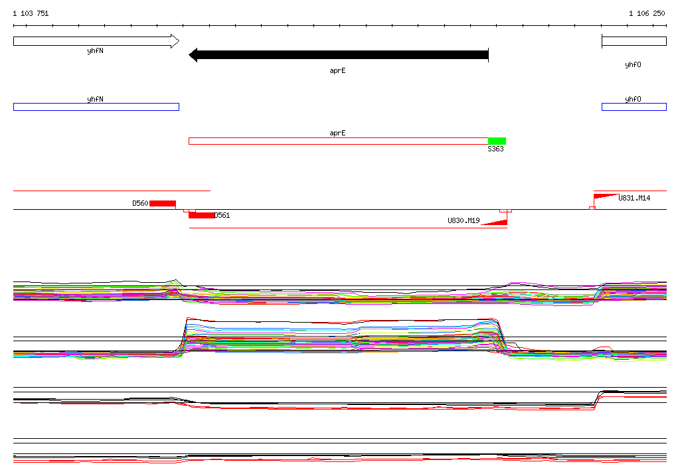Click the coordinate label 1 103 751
click(x=31, y=13)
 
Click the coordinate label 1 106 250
click(x=647, y=13)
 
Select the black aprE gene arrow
click(x=339, y=54)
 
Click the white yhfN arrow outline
click(x=96, y=41)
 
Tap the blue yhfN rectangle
click(x=96, y=107)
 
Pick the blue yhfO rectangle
click(x=634, y=107)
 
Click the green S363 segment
click(x=497, y=141)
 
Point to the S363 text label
click(x=495, y=149)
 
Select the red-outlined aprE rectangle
click(x=339, y=141)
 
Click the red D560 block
click(x=163, y=203)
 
